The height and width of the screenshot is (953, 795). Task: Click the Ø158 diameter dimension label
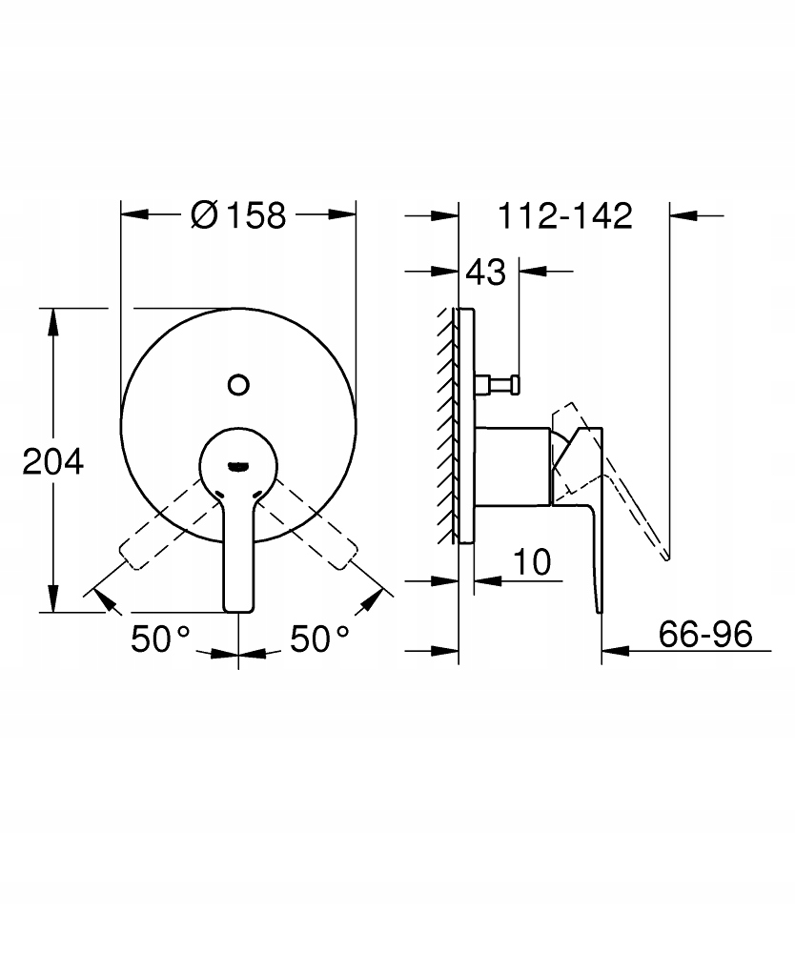237,215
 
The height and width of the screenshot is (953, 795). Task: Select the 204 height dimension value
52,462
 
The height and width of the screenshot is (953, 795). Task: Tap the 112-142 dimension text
565,215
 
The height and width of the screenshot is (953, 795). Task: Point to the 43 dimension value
485,272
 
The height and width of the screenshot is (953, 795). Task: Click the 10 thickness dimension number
533,562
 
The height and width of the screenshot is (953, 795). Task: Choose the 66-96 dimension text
705,634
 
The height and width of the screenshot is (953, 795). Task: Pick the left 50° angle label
160,639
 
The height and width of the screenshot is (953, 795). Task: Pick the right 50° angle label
319,639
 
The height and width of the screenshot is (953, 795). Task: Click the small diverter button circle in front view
238,385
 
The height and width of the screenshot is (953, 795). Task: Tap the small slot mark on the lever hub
238,467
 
